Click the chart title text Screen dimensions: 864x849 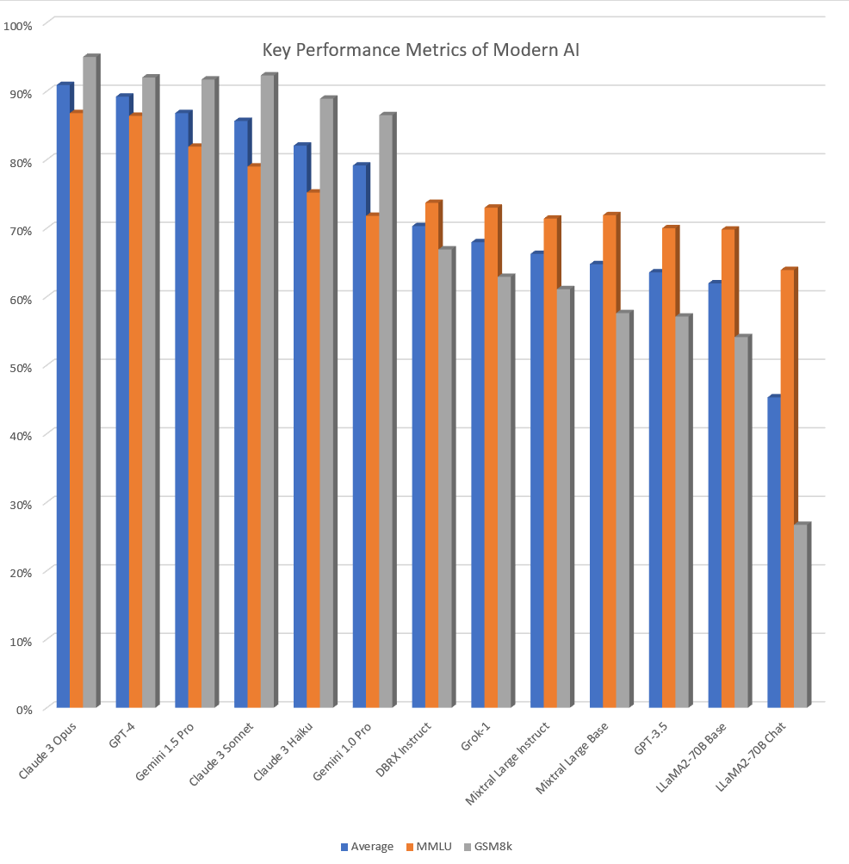point(421,50)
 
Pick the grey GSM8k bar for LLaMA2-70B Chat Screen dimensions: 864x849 point(800,616)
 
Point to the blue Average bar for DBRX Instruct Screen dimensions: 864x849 point(418,465)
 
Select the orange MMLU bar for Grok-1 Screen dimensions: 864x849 point(491,457)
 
